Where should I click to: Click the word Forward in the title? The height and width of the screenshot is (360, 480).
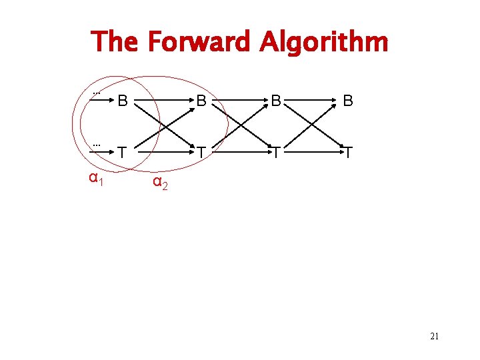(197, 42)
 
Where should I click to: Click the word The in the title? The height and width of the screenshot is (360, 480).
(115, 42)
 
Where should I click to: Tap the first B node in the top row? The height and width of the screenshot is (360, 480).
(122, 102)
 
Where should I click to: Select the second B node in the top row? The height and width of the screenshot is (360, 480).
(201, 102)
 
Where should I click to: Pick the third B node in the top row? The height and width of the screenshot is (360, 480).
(275, 102)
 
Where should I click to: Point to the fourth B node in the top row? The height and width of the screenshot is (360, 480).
(347, 102)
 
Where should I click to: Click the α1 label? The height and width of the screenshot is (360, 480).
(96, 178)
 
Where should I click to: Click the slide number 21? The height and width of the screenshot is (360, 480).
(434, 337)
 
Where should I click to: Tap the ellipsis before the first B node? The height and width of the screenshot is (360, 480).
(96, 93)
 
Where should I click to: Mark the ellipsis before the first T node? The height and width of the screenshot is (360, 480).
(96, 144)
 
